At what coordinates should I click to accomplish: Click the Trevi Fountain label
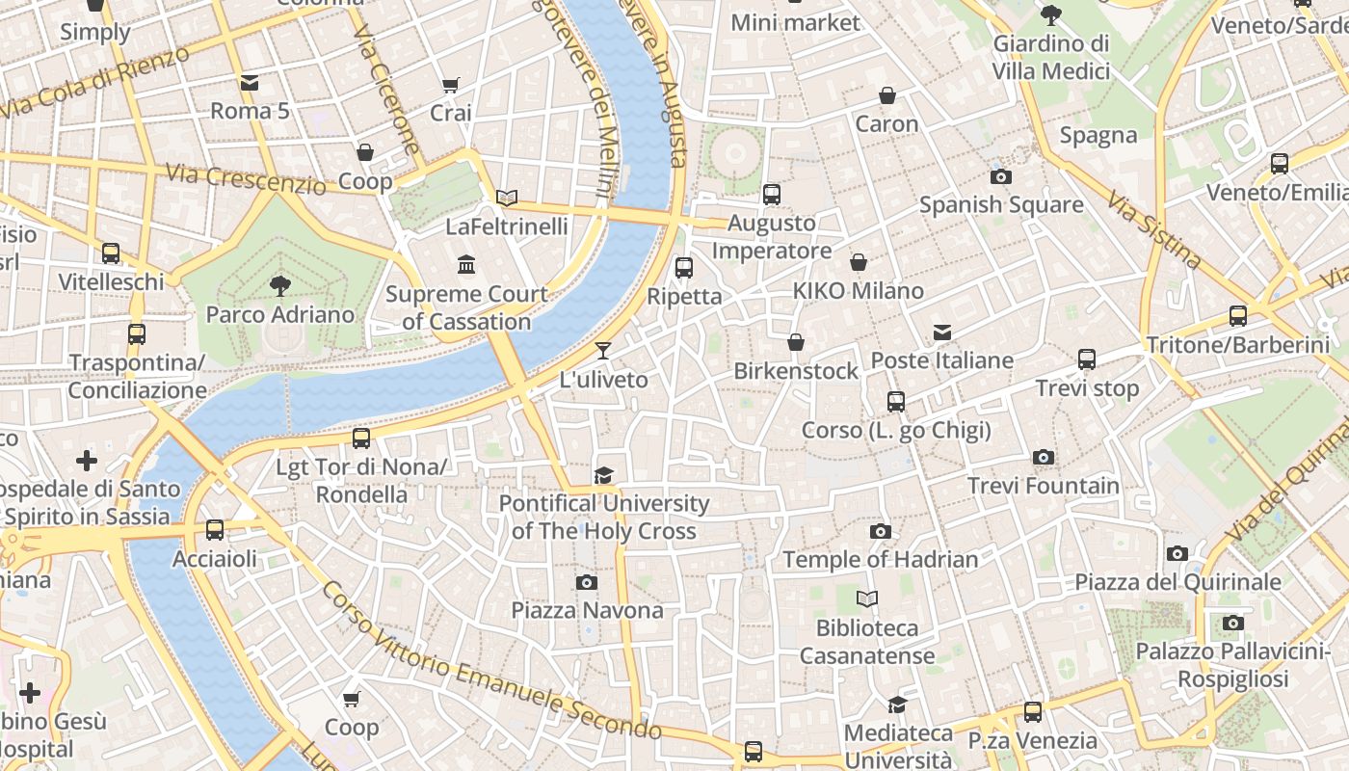click(1044, 486)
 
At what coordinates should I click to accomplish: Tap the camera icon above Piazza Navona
click(587, 582)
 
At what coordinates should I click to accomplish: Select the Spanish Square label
click(1001, 205)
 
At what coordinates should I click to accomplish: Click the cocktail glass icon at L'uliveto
click(603, 351)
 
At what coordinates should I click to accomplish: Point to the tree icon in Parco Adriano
click(280, 285)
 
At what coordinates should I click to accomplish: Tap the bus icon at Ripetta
click(684, 267)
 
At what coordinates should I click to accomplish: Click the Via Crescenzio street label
click(246, 177)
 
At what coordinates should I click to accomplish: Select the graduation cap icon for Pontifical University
click(603, 475)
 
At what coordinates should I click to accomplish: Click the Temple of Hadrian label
click(880, 559)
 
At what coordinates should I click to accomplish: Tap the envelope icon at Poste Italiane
click(942, 332)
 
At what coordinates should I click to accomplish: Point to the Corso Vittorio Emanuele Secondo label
click(491, 665)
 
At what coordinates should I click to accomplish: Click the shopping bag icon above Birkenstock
click(796, 342)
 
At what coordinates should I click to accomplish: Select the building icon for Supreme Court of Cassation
click(467, 264)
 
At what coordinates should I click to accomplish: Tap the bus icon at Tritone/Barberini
click(1238, 315)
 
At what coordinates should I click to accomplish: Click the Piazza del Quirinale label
click(1178, 582)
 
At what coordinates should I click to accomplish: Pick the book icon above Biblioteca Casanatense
click(867, 599)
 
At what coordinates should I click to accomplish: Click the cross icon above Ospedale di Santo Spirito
click(87, 461)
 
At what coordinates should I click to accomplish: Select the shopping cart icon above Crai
click(450, 85)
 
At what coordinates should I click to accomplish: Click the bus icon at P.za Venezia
click(1033, 712)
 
